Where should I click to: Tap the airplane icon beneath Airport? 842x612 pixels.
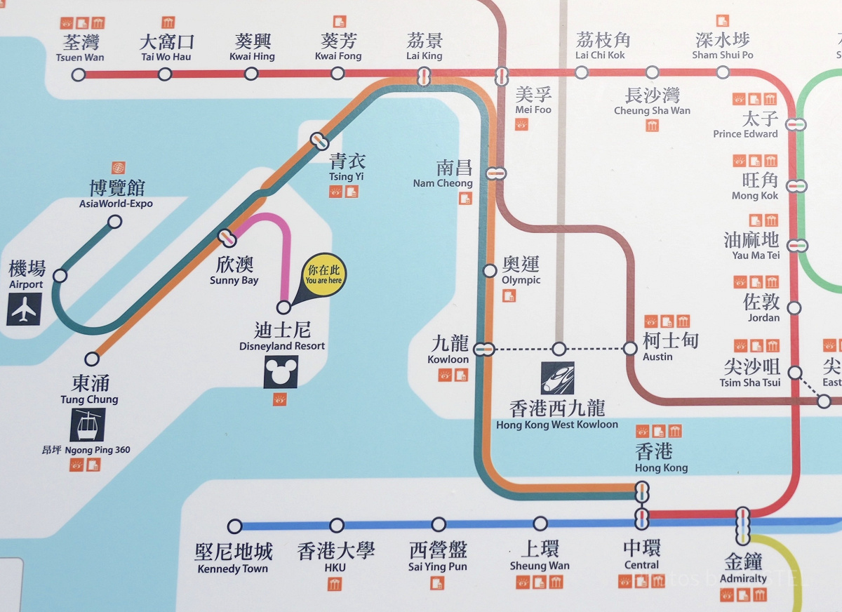[24, 309]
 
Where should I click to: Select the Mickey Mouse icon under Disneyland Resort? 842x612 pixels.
[281, 372]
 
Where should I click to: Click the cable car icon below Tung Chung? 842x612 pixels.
[88, 425]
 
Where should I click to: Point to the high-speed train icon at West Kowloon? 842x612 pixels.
[557, 378]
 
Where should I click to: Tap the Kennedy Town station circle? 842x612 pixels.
[235, 526]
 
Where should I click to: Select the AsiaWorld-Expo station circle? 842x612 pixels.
[114, 222]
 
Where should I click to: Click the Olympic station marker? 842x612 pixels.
[490, 271]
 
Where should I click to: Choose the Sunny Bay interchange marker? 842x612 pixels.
[227, 238]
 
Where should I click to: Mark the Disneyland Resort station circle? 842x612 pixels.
[283, 307]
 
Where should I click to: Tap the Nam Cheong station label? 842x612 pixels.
[445, 174]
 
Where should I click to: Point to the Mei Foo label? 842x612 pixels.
[533, 100]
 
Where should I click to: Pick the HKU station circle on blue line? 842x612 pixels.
[337, 525]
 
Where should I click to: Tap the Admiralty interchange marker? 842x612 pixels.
[742, 526]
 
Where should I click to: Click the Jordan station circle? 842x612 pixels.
[794, 307]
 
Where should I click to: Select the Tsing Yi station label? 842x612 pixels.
[347, 167]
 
